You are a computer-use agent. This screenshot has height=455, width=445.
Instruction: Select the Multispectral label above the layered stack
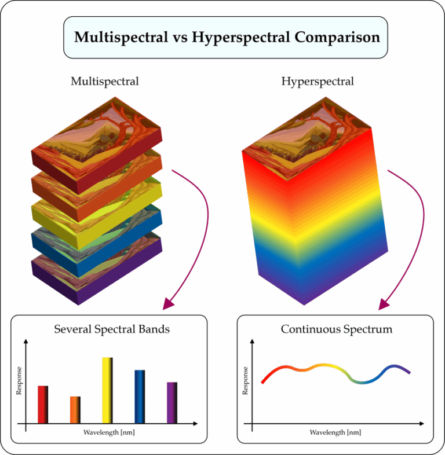105,81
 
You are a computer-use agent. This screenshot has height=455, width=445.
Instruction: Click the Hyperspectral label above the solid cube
318,81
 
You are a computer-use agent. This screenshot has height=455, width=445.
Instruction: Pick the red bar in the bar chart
43,404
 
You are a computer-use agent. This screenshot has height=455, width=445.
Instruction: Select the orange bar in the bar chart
75,409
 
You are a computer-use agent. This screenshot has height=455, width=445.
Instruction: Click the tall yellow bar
107,390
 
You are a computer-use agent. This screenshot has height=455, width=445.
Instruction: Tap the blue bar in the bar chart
140,397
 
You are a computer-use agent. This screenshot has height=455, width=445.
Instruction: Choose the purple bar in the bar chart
172,402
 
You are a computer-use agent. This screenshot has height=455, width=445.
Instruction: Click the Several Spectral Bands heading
112,329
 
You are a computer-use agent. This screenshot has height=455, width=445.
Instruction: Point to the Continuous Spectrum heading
337,329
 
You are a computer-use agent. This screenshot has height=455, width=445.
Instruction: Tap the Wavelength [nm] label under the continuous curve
335,432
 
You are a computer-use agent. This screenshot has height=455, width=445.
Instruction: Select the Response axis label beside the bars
19,380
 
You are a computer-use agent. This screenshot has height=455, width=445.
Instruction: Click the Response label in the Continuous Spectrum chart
245,380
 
